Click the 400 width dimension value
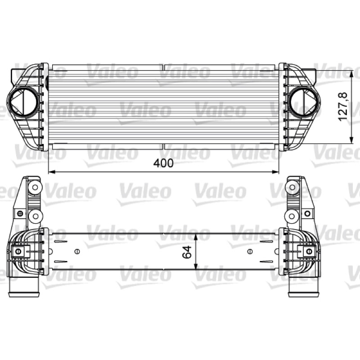point(163,163)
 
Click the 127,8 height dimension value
point(343,107)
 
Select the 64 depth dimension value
point(187,252)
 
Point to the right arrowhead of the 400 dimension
point(275,172)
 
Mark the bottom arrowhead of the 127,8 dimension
point(351,140)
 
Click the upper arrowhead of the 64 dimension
point(196,237)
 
